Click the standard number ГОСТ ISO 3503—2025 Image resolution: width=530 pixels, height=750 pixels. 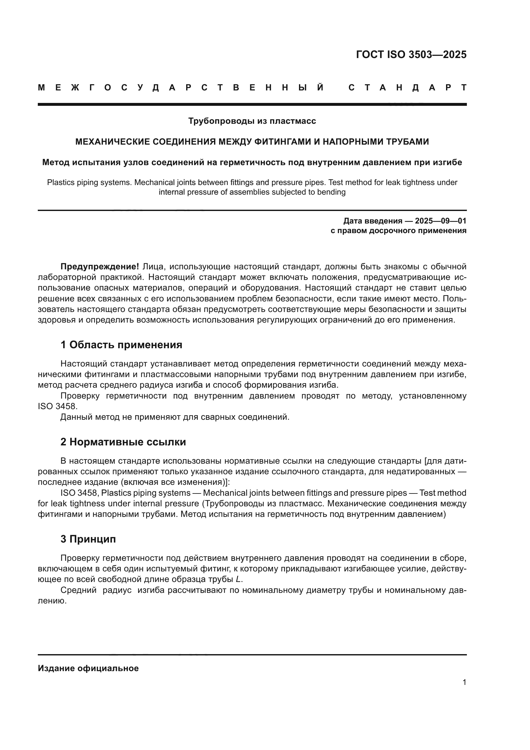pyautogui.click(x=411, y=55)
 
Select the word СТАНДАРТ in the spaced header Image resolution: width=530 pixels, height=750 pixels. pyautogui.click(x=407, y=88)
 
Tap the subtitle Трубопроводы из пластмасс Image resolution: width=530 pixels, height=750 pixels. pyautogui.click(x=252, y=121)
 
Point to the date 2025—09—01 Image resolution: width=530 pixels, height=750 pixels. pyautogui.click(x=441, y=221)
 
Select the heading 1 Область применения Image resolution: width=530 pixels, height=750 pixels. pyautogui.click(x=121, y=345)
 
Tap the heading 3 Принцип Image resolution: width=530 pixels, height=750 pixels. pyautogui.click(x=88, y=539)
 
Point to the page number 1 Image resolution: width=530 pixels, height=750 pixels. pyautogui.click(x=464, y=682)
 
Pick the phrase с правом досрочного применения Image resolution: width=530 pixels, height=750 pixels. pyautogui.click(x=399, y=231)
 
